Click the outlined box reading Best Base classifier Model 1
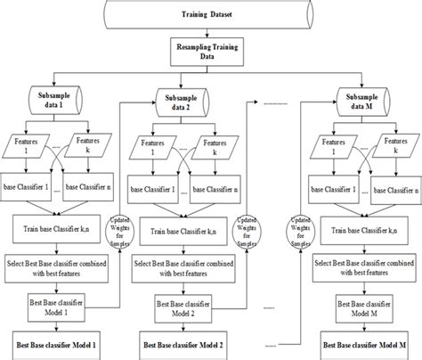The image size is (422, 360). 56,309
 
